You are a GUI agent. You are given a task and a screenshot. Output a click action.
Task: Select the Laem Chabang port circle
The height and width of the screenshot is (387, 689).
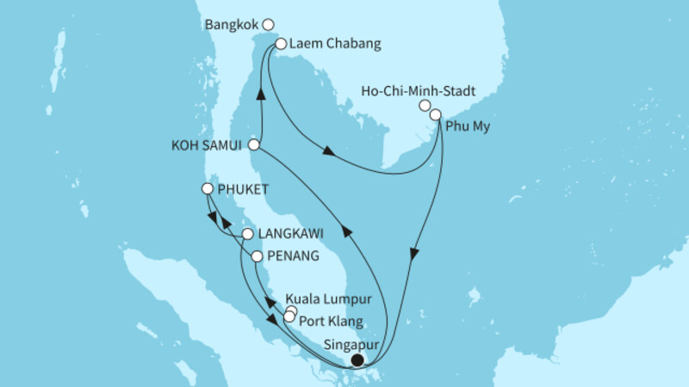pos(280,43)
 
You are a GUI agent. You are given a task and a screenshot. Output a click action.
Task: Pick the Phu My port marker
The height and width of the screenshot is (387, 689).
pos(436,114)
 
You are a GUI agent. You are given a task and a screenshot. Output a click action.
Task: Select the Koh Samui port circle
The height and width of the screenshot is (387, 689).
pos(254,145)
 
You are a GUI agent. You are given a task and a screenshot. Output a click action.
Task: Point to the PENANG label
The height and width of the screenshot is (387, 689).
pos(294,256)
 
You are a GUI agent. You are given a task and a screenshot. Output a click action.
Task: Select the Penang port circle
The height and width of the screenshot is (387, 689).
pos(257,256)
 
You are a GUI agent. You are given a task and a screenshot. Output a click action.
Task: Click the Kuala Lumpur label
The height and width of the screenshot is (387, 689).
pos(337,300)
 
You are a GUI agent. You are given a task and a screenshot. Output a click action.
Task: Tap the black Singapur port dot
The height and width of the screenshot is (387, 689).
pos(357,361)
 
